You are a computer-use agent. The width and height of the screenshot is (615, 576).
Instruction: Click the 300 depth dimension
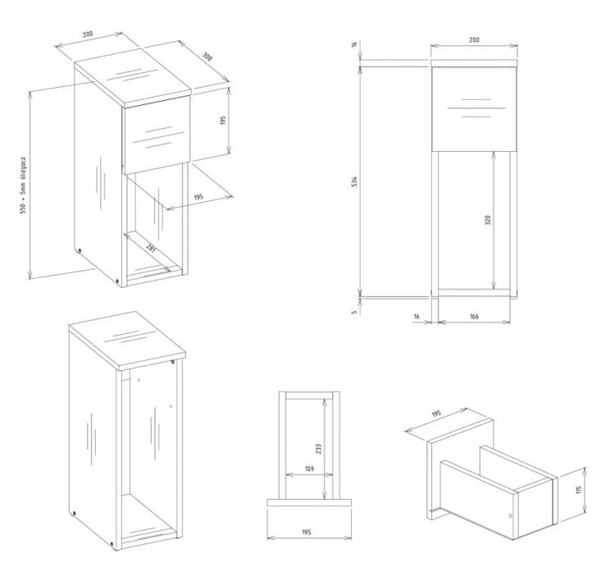coord(207,58)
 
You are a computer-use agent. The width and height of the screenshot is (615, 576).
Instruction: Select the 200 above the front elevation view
coord(474,39)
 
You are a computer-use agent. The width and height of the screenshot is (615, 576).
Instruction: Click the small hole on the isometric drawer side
coord(511,515)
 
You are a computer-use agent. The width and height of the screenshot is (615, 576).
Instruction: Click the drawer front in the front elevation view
coord(475,109)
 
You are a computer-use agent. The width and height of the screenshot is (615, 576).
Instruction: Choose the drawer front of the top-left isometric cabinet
coord(157,134)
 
